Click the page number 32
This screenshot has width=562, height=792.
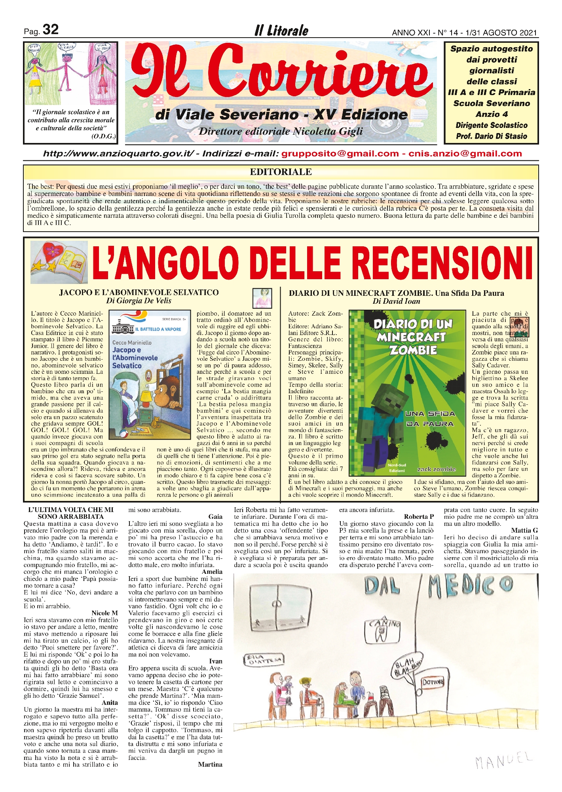click(x=50, y=30)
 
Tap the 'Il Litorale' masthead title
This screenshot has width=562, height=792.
click(x=281, y=31)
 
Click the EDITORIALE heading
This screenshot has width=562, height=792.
click(x=281, y=172)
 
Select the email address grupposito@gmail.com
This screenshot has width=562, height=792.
click(x=340, y=154)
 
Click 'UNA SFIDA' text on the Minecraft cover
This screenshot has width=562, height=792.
click(x=430, y=414)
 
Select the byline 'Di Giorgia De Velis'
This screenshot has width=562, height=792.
click(x=139, y=301)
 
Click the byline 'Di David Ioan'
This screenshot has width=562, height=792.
click(x=396, y=301)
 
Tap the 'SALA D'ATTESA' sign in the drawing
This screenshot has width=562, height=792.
click(x=263, y=659)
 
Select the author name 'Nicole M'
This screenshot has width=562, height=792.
click(x=104, y=613)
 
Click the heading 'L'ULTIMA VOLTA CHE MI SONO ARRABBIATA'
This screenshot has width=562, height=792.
click(x=71, y=513)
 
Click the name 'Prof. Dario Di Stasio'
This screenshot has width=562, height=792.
click(x=492, y=136)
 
